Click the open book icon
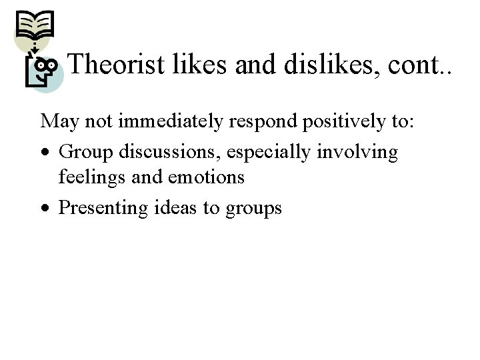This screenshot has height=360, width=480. tap(34, 27)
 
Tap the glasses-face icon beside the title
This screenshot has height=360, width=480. tap(44, 69)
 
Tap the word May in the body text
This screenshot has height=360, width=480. tap(58, 122)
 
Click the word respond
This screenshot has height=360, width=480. tap(250, 122)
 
